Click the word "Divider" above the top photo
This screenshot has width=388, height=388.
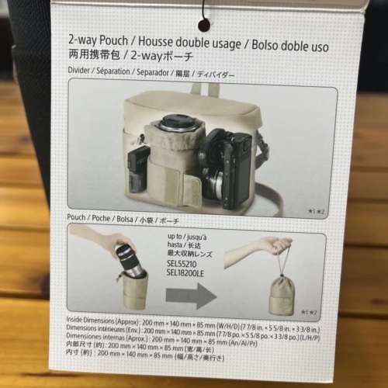pos(82,75)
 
